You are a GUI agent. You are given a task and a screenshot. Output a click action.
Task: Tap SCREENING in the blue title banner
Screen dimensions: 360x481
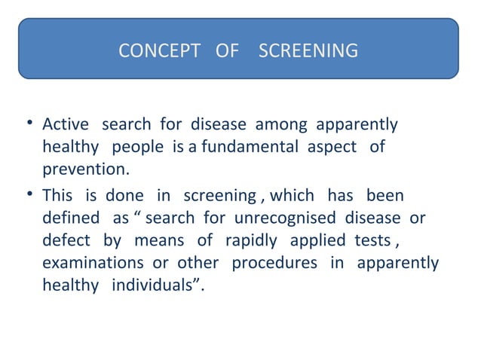308,52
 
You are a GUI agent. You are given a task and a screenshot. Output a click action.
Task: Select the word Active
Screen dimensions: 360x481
65,124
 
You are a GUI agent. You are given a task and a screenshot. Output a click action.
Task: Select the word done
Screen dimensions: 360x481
124,196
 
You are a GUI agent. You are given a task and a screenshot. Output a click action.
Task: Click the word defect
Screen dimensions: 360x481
66,241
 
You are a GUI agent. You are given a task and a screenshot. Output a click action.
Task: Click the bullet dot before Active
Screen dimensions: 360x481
28,124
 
